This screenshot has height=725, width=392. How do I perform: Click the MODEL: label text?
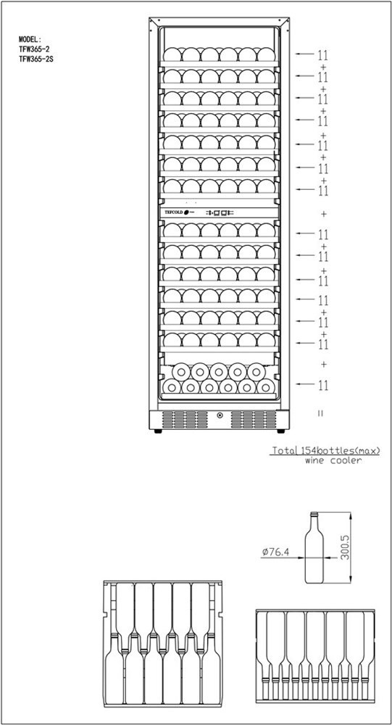[x=30, y=39]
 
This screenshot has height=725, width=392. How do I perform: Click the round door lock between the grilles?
[x=219, y=415]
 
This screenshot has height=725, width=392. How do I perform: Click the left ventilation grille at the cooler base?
[x=185, y=419]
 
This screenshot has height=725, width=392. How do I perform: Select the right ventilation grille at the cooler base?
[x=254, y=419]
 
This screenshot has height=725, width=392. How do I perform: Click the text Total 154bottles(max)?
[x=325, y=450]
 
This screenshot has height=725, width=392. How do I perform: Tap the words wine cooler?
[x=333, y=461]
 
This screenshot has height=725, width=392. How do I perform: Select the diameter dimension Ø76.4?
[x=275, y=552]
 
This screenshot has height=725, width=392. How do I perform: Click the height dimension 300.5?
[x=344, y=548]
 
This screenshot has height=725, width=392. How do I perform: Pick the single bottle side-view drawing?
[x=314, y=547]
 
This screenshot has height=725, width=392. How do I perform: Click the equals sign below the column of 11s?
[x=320, y=413]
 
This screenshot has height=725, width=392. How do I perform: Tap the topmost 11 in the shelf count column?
[x=322, y=55]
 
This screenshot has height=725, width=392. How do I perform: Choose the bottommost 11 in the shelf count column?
[x=322, y=385]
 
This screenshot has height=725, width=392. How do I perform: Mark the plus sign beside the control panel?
[x=324, y=214]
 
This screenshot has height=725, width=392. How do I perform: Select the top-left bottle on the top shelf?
[x=172, y=54]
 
